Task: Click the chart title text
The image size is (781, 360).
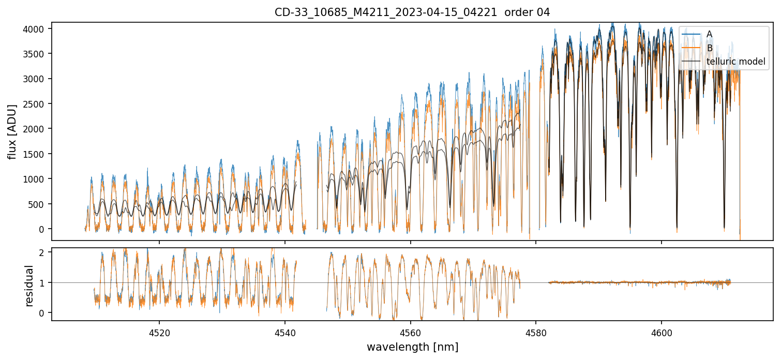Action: [x=412, y=12]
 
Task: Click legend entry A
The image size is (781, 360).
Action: [x=709, y=34]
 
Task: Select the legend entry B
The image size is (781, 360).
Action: [x=709, y=48]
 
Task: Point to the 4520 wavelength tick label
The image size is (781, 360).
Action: [x=159, y=332]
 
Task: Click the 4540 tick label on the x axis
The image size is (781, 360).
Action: [x=285, y=332]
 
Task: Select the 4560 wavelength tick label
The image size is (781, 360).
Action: [x=410, y=332]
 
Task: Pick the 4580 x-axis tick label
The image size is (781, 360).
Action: [x=536, y=332]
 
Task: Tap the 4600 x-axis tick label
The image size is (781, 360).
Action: [x=662, y=332]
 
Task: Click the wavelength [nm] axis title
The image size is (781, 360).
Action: [x=412, y=347]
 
